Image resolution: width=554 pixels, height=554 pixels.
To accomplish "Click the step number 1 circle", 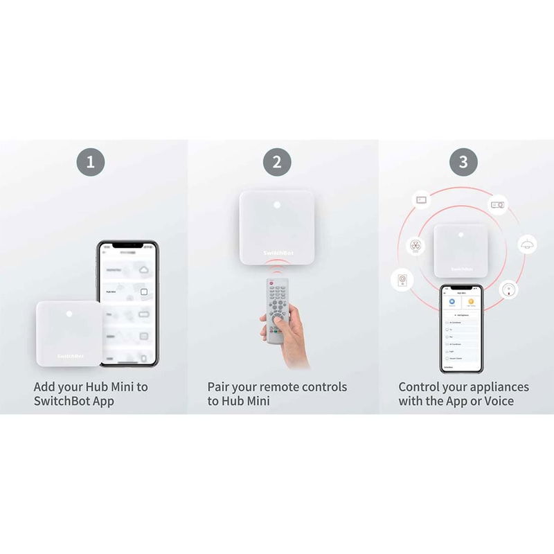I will pos(90,163).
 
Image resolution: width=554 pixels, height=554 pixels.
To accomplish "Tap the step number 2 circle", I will pos(277,163).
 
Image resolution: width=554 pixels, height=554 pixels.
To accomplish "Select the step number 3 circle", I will pos(463,163).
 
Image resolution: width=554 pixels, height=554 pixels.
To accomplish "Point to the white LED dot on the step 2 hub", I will pos(276,206).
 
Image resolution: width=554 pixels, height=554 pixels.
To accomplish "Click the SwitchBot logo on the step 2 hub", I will pos(277,254).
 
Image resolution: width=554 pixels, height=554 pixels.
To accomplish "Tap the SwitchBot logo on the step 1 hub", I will pos(70,356).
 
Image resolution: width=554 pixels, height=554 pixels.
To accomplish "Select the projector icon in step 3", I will pos(497,204).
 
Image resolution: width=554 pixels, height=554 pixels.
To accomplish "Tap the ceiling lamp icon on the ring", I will pos(527,244).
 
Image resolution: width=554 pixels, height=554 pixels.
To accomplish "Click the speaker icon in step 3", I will pos(402,280).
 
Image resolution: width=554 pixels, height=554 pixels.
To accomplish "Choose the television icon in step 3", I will pos(421,199).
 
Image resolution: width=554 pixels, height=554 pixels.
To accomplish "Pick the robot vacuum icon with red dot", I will pos(508,288).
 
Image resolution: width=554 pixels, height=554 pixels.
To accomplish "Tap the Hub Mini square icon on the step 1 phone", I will pos(143,292).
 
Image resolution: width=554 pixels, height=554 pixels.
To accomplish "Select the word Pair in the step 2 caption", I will pos(220,386).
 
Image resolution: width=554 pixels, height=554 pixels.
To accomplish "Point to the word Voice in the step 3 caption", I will pos(496,402).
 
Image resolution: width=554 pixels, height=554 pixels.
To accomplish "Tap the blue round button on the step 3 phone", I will pos(451,303).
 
